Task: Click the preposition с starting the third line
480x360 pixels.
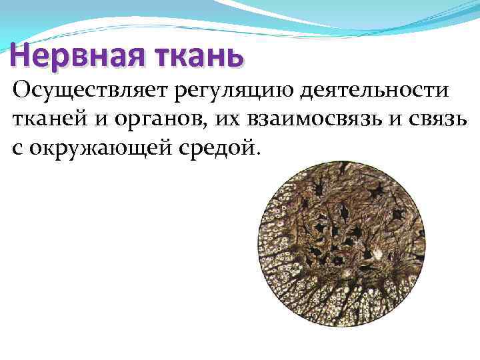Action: click(17, 146)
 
